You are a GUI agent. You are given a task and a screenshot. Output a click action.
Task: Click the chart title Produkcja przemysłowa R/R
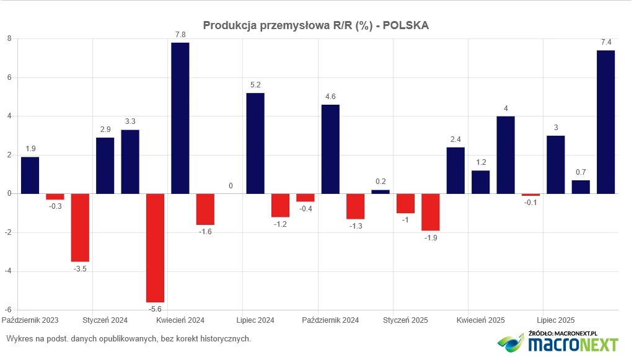(x=316, y=25)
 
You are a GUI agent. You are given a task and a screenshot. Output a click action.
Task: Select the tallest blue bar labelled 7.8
(x=180, y=118)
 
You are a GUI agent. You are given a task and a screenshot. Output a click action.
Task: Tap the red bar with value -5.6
(x=155, y=248)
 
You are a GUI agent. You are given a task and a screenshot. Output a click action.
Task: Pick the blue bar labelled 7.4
(x=605, y=122)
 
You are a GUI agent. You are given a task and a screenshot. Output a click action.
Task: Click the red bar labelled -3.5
(x=80, y=227)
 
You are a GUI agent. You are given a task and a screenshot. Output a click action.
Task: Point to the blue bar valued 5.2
(x=255, y=143)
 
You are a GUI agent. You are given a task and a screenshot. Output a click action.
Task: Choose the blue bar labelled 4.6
(x=330, y=149)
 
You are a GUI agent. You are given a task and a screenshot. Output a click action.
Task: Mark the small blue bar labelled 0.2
(x=381, y=191)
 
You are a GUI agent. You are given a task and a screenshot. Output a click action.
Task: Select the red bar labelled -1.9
(x=431, y=212)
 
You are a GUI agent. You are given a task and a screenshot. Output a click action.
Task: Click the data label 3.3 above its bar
(x=130, y=122)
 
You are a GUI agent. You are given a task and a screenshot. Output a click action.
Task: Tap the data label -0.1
(x=531, y=203)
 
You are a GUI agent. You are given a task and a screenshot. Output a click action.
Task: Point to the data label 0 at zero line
(x=231, y=186)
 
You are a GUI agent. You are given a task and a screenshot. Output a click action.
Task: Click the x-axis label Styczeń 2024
(x=105, y=320)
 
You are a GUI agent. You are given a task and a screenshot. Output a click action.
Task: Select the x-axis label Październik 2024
(x=330, y=320)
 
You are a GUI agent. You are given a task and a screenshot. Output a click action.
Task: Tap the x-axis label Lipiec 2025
(x=555, y=320)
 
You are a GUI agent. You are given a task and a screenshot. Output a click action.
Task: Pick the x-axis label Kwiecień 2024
(x=180, y=320)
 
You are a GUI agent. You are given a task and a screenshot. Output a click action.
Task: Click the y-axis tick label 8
(x=9, y=38)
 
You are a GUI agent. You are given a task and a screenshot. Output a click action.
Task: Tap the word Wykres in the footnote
(x=19, y=339)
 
